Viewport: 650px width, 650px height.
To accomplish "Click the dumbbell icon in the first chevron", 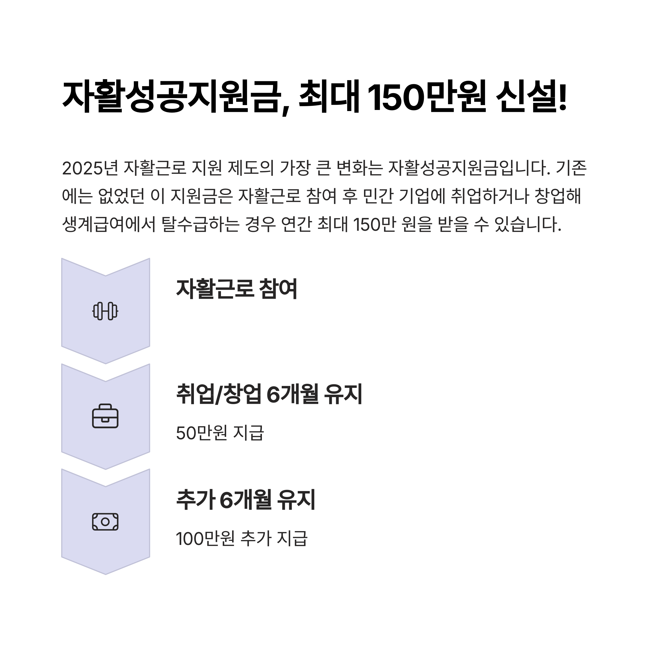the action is (x=105, y=311).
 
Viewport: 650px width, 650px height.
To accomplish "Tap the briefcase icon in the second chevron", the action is (x=105, y=416).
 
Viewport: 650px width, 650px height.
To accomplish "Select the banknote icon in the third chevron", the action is (x=105, y=522).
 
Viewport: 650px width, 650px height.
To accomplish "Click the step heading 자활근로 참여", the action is (x=236, y=289).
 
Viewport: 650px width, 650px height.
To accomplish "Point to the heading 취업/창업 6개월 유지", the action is (x=269, y=394).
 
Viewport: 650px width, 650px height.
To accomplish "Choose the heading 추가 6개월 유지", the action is (x=246, y=500).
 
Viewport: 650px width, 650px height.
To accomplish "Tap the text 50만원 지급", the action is (x=220, y=433).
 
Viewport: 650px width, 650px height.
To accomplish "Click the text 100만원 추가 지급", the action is (x=242, y=539).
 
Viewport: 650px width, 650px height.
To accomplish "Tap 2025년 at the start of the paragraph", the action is (x=90, y=168).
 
